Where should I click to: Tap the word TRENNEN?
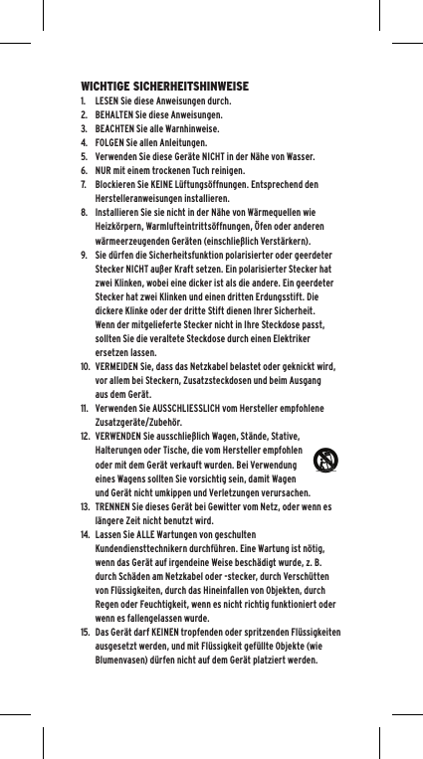[115, 505]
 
